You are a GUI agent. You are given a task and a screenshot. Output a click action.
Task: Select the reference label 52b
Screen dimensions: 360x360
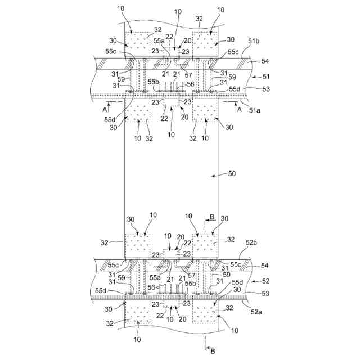click(x=253, y=242)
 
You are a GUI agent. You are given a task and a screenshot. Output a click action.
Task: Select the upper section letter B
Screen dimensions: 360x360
click(x=213, y=217)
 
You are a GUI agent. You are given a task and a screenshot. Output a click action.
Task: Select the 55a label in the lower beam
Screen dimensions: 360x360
click(x=155, y=277)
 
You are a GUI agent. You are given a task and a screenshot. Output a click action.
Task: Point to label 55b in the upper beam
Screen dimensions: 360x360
click(x=153, y=82)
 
